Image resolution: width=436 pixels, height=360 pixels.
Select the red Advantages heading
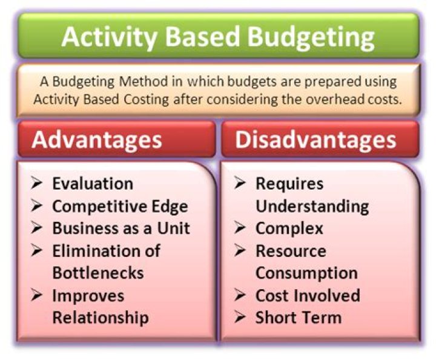[97, 139]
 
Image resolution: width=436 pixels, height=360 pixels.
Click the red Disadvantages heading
[315, 139]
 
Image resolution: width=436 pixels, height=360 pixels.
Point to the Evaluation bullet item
[92, 184]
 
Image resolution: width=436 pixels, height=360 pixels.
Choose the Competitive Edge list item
[120, 206]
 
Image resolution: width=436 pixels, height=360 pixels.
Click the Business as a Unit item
[121, 228]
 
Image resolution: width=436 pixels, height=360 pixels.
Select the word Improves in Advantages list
[88, 296]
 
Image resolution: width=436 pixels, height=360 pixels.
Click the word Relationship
[101, 318]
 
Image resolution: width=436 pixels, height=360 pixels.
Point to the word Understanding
[312, 206]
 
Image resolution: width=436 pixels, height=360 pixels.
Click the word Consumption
[306, 273]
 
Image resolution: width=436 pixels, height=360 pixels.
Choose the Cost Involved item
[308, 296]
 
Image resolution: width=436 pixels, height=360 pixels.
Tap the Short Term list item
[299, 318]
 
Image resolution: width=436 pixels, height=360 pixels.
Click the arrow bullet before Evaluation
[38, 184]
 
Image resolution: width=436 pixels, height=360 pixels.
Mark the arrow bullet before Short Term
[241, 318]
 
